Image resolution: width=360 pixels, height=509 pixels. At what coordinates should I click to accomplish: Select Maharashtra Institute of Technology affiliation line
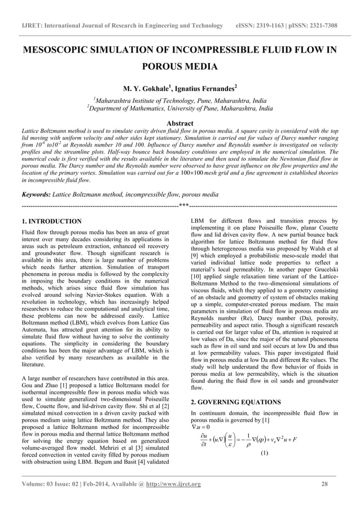click(x=180, y=100)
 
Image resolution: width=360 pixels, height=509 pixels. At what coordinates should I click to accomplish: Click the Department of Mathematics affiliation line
click(x=180, y=108)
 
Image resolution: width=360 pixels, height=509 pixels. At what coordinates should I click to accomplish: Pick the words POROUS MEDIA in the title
click(x=179, y=67)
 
